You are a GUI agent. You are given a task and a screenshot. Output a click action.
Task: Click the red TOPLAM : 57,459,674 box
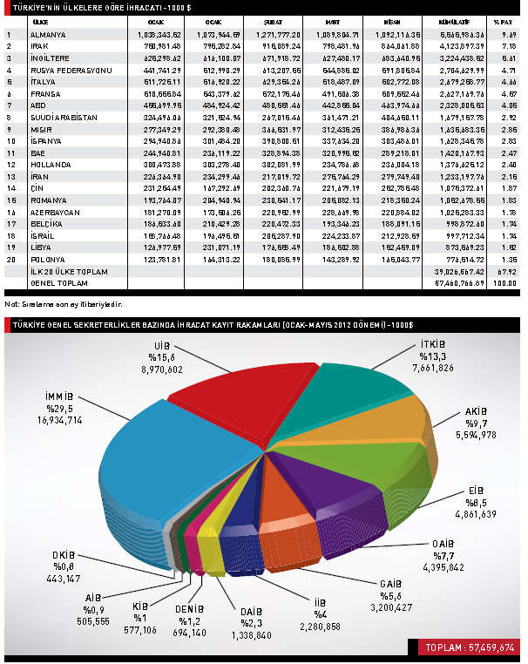click(468, 647)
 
